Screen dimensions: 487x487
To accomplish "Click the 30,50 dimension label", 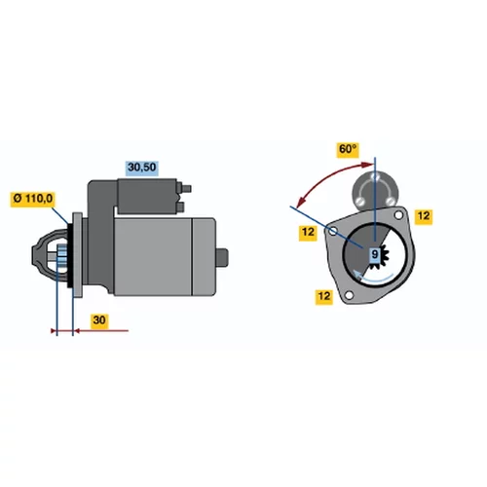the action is tap(142, 168).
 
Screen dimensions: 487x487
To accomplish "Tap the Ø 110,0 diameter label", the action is tap(33, 198).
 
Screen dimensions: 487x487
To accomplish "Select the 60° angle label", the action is tap(348, 149).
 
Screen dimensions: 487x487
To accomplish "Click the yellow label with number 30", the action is tap(99, 320).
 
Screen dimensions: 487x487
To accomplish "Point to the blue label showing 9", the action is tap(375, 254).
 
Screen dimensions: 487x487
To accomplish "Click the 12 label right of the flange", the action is tap(424, 216).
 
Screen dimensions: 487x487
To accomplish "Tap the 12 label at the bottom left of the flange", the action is tap(324, 296).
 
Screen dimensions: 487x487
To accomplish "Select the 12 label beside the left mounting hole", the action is tap(308, 233).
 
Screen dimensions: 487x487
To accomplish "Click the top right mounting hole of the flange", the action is tap(398, 215).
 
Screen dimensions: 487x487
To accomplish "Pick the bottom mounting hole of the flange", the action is tap(349, 295).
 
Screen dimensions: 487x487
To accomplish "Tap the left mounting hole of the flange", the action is tap(333, 231).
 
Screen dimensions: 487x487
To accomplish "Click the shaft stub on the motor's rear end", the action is tap(222, 257).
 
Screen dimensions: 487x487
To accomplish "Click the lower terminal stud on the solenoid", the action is tap(180, 206).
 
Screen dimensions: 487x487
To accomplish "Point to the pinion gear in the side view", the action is tap(61, 256).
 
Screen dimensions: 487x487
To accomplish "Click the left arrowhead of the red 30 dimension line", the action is tap(54, 331).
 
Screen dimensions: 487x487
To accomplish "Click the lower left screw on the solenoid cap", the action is tap(359, 202).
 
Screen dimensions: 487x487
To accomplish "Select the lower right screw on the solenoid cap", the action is tap(391, 202).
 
